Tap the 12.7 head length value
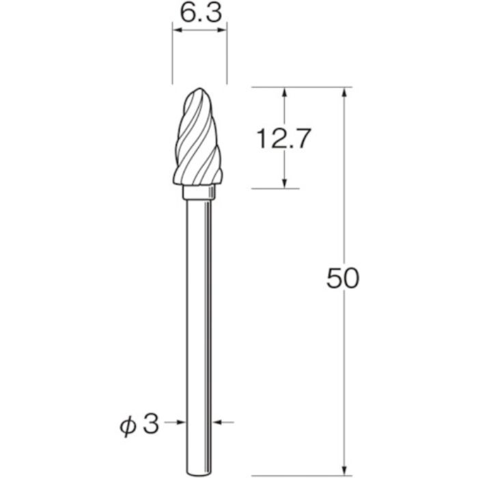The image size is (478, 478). click(283, 139)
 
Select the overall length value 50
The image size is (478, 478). click(342, 279)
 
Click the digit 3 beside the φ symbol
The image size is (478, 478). click(152, 423)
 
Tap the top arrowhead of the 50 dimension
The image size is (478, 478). click(346, 93)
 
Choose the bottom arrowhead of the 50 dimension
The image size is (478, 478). click(346, 450)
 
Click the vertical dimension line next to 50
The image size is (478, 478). click(346, 205)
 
